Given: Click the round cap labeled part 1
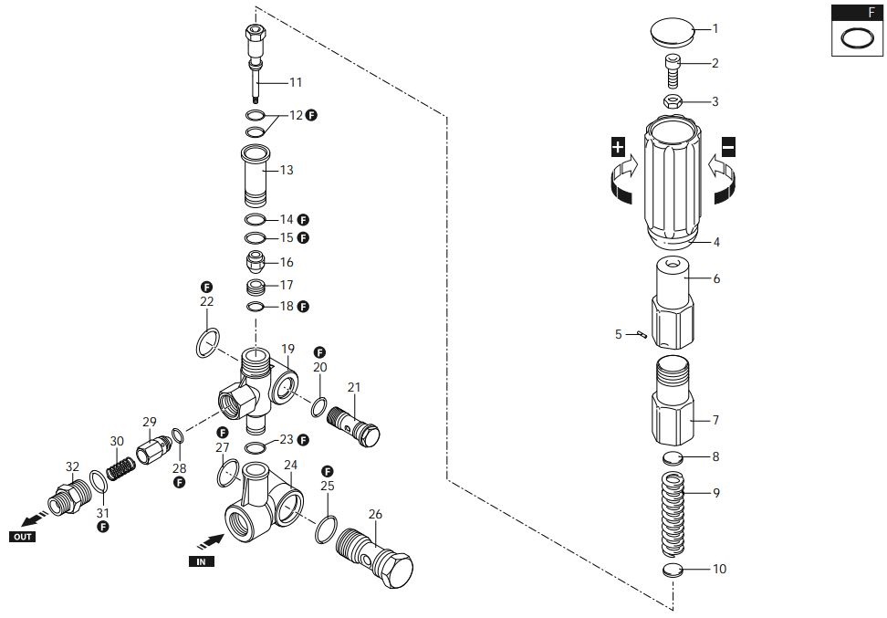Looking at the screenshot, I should tap(673, 32).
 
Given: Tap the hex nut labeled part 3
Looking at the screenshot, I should tap(673, 101).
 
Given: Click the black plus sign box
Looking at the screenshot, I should tap(618, 147).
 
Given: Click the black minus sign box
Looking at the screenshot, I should tap(728, 147).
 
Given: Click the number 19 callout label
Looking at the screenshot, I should tap(287, 349).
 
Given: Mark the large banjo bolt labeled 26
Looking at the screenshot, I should tap(374, 554).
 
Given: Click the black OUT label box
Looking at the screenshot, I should tap(22, 537).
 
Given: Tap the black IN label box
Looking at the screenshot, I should tap(201, 561).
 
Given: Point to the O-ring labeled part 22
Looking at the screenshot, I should tap(207, 343).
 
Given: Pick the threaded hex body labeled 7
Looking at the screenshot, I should tap(673, 401).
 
